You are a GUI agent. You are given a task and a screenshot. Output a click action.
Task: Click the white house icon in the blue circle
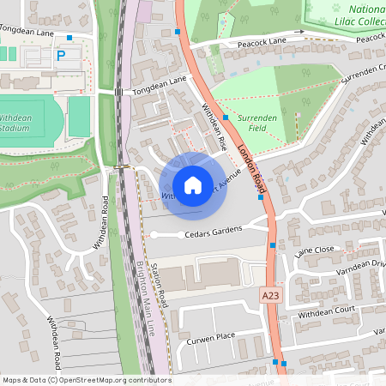[193, 185]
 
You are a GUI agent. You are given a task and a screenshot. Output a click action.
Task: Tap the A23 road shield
[270, 294]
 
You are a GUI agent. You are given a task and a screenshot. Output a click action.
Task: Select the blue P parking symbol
[61, 54]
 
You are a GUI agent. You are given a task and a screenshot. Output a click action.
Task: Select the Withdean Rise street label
[214, 125]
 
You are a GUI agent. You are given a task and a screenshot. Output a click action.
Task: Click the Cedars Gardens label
[211, 232]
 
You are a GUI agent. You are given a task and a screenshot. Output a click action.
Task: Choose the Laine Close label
[314, 250]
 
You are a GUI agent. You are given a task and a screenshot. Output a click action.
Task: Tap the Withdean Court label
[326, 314]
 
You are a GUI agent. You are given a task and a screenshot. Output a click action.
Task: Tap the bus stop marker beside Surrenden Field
[226, 117]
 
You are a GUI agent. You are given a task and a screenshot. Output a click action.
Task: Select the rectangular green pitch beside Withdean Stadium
[79, 117]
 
